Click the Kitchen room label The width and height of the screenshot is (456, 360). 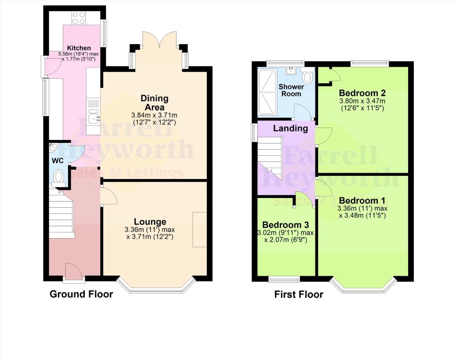click(x=79, y=48)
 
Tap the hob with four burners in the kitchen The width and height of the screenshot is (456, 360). click(x=79, y=17)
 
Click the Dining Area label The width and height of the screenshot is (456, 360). click(x=154, y=102)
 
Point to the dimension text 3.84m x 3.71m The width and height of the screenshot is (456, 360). click(x=154, y=115)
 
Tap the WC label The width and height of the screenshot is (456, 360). click(x=58, y=160)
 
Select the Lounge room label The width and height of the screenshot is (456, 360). click(x=150, y=222)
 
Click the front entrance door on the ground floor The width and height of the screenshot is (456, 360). click(x=74, y=273)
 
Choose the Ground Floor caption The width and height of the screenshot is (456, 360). click(x=81, y=294)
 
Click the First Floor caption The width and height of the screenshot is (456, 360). click(x=299, y=294)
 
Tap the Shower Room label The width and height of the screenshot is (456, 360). click(x=291, y=90)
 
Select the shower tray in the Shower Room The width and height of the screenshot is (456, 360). click(x=267, y=93)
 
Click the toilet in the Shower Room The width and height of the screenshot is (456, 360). click(x=307, y=76)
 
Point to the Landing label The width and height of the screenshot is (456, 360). click(x=290, y=128)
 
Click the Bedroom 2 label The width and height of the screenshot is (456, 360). click(x=362, y=93)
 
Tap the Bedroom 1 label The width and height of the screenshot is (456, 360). click(x=362, y=201)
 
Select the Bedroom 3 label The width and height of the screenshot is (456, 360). click(x=286, y=225)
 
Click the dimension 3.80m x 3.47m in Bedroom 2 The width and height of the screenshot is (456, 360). click(x=362, y=101)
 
